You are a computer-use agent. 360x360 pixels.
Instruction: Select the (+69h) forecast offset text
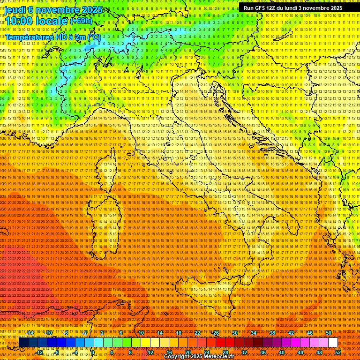(x=81, y=21)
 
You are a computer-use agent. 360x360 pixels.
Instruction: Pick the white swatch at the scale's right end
(x=333, y=343)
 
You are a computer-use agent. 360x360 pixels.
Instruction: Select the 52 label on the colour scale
(x=338, y=352)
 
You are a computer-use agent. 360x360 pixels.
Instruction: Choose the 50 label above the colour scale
(x=329, y=333)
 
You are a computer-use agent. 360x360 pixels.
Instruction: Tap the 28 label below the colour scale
(x=225, y=352)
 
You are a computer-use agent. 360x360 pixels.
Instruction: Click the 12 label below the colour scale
(x=150, y=352)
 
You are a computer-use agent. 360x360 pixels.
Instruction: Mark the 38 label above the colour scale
(x=272, y=333)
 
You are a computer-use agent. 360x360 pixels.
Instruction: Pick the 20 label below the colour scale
(x=187, y=352)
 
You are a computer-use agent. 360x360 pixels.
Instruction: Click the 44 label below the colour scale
(x=300, y=352)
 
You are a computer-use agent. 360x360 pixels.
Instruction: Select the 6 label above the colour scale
(x=121, y=333)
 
